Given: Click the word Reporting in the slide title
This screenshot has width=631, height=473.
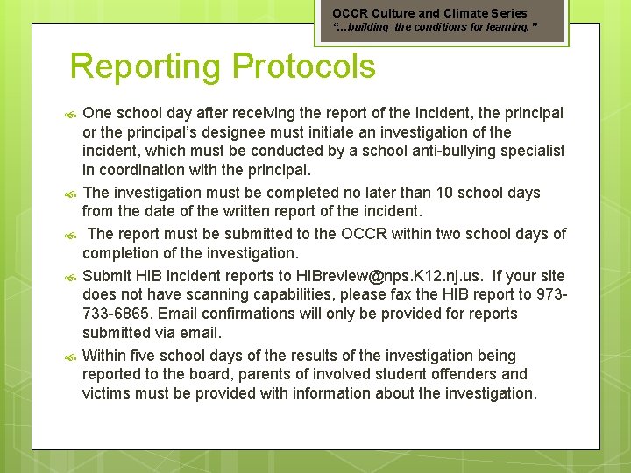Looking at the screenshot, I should [144, 67].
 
